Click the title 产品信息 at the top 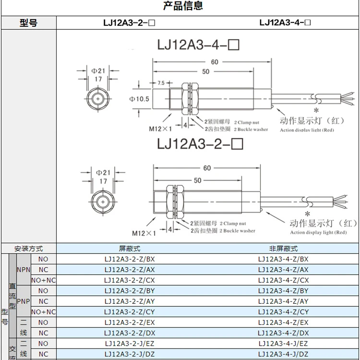click(x=183, y=6)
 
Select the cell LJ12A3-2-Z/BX click(x=130, y=259)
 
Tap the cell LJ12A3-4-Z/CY click(x=283, y=312)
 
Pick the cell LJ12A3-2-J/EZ click(x=130, y=344)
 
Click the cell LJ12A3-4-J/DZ click(x=283, y=354)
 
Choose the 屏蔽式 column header click(x=130, y=249)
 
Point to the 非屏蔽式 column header click(x=283, y=249)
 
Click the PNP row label click(x=24, y=301)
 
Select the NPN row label click(x=24, y=270)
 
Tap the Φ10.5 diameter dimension click(x=139, y=99)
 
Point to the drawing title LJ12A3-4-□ click(x=198, y=45)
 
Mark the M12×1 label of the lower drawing click(x=145, y=233)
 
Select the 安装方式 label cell click(x=29, y=249)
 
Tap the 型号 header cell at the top click(x=28, y=23)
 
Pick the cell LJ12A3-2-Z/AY click(x=130, y=301)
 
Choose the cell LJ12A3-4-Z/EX click(x=283, y=323)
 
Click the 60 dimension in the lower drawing click(x=207, y=168)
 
